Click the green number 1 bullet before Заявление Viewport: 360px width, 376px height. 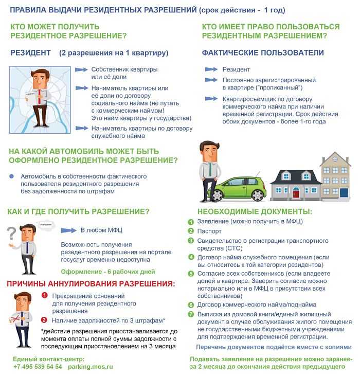tap(190, 222)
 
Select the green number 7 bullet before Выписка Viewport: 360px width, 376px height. tap(190, 314)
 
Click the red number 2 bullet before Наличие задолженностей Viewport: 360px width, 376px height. tap(44, 320)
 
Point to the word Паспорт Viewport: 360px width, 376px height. tap(210, 231)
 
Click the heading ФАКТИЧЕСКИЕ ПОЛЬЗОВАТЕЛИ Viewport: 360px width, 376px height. tap(263, 52)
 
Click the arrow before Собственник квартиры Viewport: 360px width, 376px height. tap(81, 69)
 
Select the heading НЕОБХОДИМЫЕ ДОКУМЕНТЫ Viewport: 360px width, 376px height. tap(255, 211)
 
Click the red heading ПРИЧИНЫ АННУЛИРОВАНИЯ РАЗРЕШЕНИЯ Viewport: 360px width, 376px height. tap(91, 283)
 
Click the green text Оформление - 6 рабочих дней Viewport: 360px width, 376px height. tap(108, 271)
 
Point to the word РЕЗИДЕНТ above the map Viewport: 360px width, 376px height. tap(31, 52)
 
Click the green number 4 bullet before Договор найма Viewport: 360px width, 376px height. tap(190, 257)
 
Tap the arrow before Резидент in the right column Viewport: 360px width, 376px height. tap(211, 69)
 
